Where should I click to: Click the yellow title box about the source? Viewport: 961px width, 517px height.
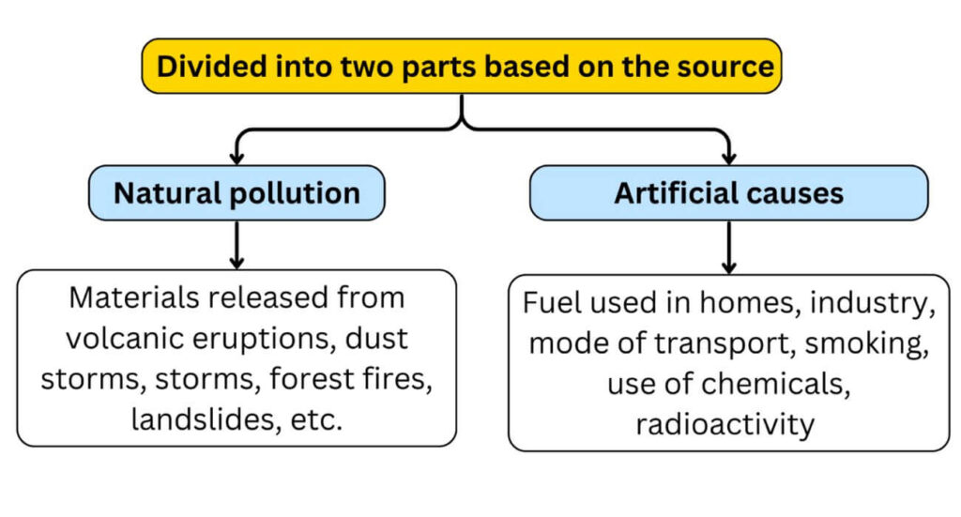tap(462, 67)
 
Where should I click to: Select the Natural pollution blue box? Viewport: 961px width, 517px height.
tap(236, 193)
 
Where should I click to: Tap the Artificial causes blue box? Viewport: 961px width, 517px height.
tap(728, 193)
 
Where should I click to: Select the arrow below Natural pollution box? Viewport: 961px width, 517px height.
tap(236, 247)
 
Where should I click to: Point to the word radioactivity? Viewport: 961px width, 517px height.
tap(725, 424)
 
